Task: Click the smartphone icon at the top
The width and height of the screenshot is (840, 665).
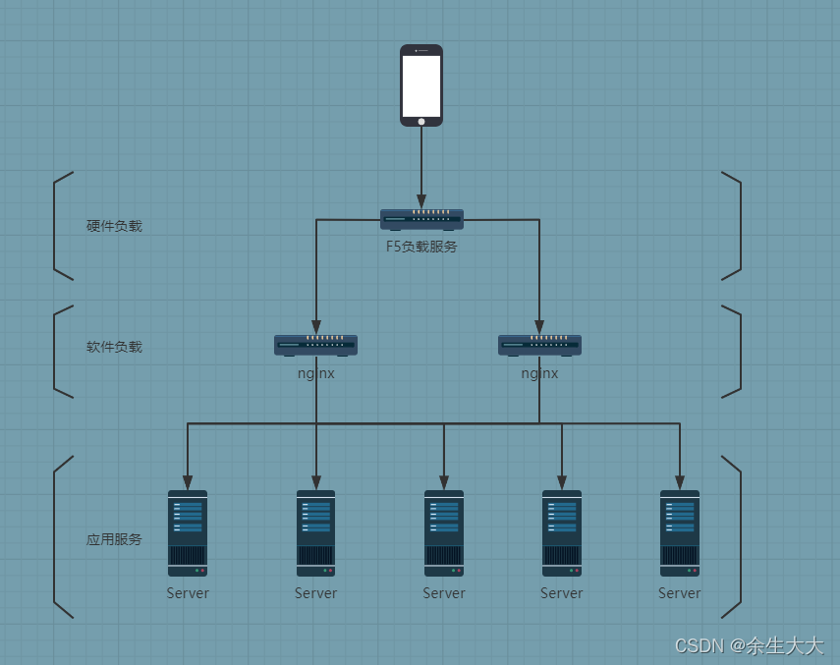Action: pos(421,84)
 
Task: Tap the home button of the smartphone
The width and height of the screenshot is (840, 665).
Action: pos(421,121)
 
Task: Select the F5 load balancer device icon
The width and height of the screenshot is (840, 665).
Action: pos(421,219)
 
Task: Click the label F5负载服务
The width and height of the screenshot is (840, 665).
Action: pos(421,247)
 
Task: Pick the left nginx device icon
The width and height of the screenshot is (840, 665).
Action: pos(315,345)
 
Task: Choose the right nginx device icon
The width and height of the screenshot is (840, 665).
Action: pos(539,345)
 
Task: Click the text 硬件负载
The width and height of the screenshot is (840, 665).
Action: pos(114,226)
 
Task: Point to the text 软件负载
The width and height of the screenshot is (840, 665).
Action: pos(114,347)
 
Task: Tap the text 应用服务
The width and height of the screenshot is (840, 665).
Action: pos(114,539)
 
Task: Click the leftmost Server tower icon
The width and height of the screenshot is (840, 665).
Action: pos(188,533)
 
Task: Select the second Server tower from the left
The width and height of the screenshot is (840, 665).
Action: pos(315,533)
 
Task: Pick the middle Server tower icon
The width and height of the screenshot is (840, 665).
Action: pos(444,533)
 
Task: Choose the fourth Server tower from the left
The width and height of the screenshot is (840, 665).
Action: pos(562,533)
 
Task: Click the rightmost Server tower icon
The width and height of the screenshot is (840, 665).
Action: pos(680,533)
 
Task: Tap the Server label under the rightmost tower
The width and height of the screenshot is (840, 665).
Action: pos(680,593)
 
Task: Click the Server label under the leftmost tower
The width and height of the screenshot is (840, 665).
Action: pos(188,593)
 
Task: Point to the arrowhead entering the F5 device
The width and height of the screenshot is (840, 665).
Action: pos(421,201)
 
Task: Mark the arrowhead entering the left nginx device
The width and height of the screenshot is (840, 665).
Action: pos(315,327)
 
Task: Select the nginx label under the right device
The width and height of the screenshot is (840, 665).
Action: pos(539,373)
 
